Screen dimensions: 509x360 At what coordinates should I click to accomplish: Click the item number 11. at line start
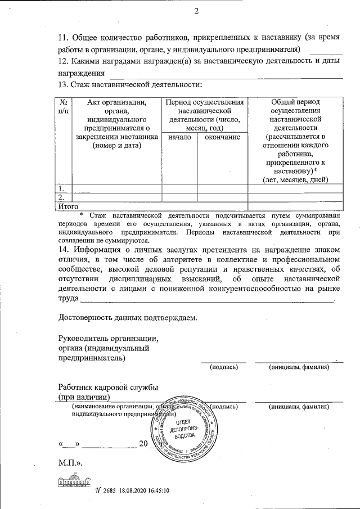(x=65, y=38)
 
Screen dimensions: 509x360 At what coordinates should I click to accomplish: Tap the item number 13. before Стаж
(x=65, y=84)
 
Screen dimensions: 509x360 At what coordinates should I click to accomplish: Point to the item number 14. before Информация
(x=65, y=250)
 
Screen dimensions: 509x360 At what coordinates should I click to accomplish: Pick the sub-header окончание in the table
(x=222, y=137)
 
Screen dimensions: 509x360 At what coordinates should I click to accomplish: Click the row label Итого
(x=68, y=207)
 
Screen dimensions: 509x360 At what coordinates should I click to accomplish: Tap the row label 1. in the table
(x=62, y=188)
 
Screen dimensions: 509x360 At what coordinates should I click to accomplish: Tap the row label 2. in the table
(x=62, y=197)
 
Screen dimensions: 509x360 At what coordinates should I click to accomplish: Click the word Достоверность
(x=89, y=317)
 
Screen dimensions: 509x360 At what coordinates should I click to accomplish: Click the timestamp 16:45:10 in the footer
(x=156, y=490)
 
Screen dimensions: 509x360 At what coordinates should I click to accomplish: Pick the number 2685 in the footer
(x=109, y=490)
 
